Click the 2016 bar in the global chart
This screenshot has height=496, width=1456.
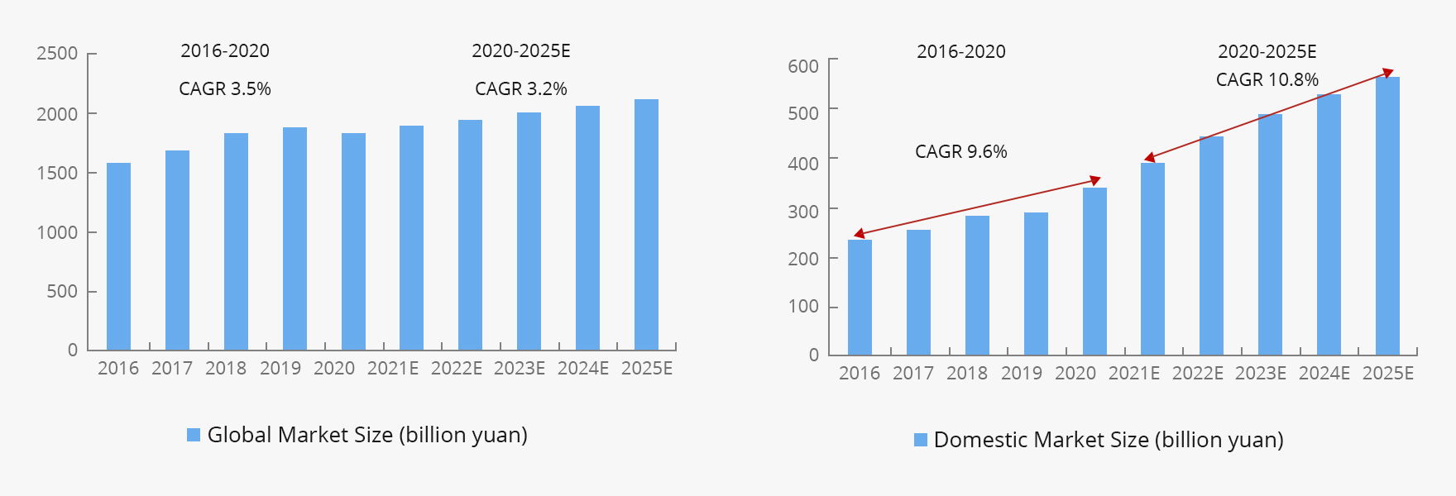pos(118,256)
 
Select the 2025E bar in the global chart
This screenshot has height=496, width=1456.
pos(646,225)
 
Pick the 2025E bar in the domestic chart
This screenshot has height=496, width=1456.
pos(1387,216)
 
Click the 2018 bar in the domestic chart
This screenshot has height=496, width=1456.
pos(977,285)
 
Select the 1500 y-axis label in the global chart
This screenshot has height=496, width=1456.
pos(57,173)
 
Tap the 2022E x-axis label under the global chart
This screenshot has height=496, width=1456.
pos(457,369)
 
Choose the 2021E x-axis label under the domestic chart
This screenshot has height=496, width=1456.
pos(1134,374)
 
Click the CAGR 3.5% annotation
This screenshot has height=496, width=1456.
pos(225,89)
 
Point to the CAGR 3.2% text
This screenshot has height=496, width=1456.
pos(521,89)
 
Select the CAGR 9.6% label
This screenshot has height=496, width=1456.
pos(961,152)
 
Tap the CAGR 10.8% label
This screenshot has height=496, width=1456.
pos(1267,80)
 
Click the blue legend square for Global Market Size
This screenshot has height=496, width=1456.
pos(194,435)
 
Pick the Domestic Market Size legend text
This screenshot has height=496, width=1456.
pos(1109,440)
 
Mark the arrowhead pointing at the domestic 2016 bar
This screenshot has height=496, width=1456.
pos(858,235)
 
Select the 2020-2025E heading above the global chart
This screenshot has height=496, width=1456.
pos(521,51)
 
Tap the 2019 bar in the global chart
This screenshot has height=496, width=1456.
pos(295,238)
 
